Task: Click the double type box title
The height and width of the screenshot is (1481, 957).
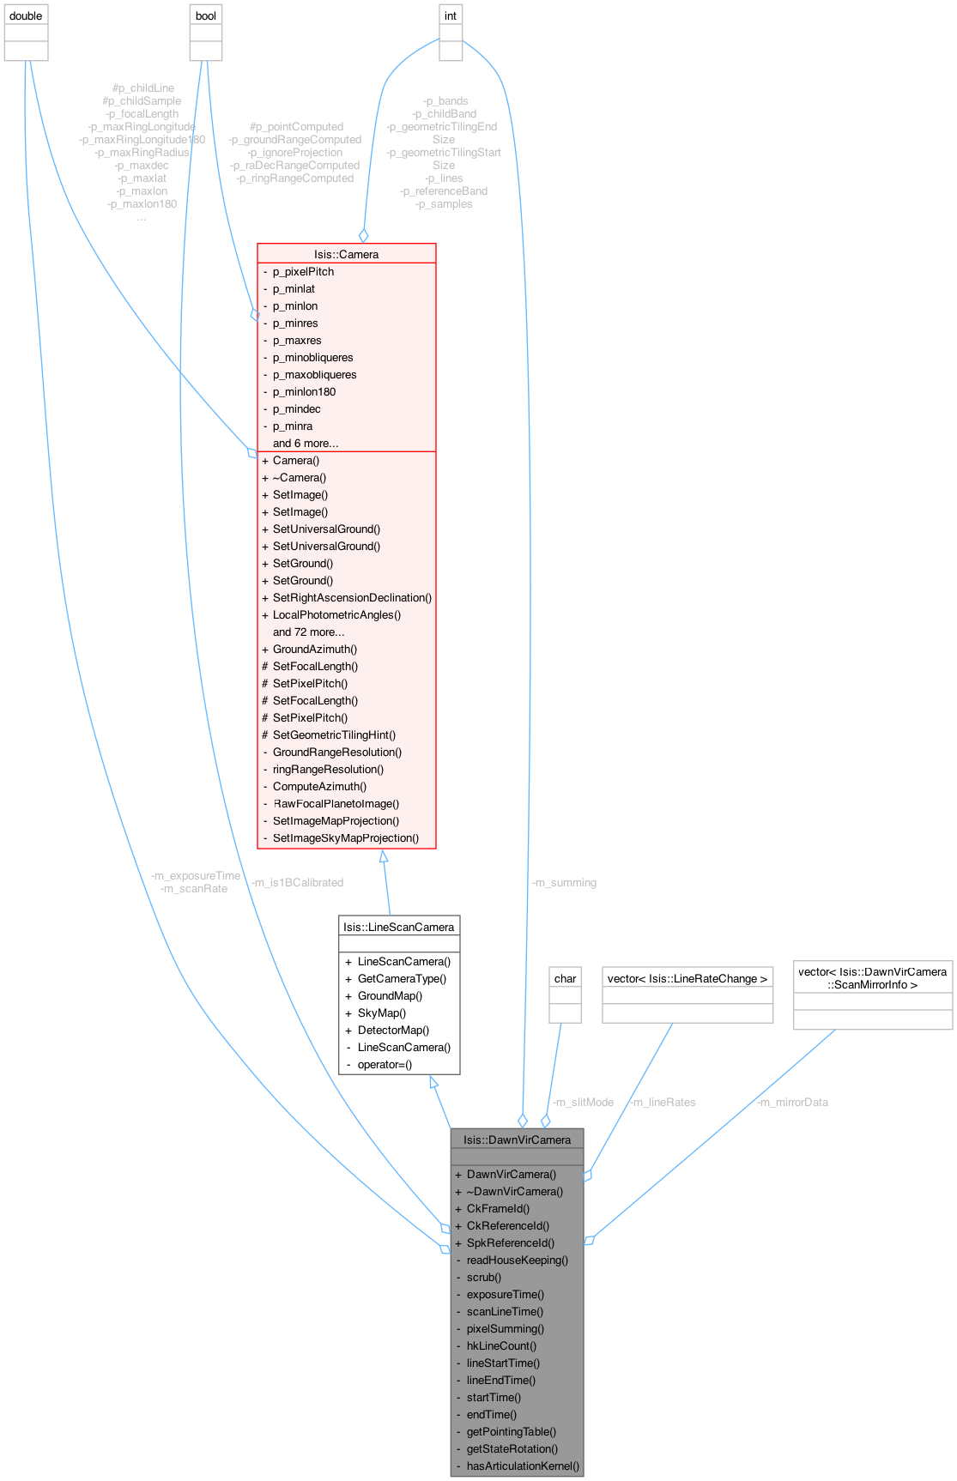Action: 26,16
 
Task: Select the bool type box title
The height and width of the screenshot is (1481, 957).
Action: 206,16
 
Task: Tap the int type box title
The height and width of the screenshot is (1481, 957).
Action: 451,16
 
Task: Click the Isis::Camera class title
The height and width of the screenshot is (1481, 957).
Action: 346,254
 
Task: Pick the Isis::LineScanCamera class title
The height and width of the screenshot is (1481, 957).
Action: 399,927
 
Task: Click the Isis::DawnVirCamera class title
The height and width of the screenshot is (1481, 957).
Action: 517,1139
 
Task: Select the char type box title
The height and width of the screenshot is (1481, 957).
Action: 565,978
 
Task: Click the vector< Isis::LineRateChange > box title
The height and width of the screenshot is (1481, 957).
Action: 687,978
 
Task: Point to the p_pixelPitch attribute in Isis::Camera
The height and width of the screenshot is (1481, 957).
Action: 303,271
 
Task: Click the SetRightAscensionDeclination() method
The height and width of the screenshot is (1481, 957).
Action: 352,597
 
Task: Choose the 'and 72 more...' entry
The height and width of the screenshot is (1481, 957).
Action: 308,632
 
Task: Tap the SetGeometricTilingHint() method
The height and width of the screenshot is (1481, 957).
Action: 334,734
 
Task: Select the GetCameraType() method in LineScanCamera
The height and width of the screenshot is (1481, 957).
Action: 402,978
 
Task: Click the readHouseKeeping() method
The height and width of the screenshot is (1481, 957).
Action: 518,1260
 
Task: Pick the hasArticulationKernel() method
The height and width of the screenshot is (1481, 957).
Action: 523,1466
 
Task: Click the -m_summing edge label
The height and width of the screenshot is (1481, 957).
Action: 564,882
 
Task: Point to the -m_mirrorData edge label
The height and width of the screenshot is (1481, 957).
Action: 793,1102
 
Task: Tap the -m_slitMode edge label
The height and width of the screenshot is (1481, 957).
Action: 583,1102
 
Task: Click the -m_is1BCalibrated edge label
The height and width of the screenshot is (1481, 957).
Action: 297,882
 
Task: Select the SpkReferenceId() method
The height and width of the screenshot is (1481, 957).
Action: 511,1242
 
